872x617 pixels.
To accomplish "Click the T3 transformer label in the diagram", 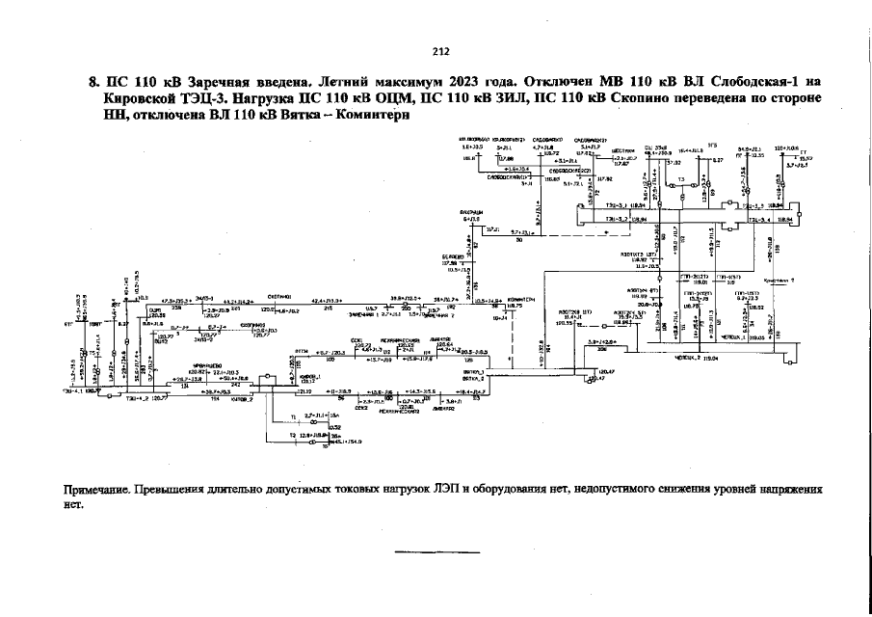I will [681, 180].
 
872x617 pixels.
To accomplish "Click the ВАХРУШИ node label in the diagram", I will [472, 212].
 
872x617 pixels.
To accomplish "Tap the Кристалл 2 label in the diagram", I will [777, 280].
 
